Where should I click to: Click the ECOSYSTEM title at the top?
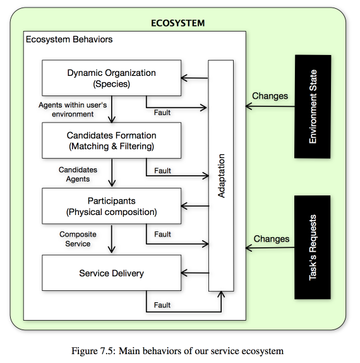pos(178,23)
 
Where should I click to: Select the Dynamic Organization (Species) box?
pos(111,78)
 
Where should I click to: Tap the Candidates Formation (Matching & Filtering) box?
pos(111,140)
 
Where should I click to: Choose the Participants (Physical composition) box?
pos(111,206)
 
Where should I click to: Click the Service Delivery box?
pos(111,273)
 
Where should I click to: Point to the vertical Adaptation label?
pos(221,176)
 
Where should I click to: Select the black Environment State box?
pos(313,107)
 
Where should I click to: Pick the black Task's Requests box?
pos(313,247)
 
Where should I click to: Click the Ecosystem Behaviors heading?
pos(69,39)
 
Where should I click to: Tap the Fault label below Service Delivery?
pos(162,305)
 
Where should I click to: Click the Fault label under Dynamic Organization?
pos(162,113)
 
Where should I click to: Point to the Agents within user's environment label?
pos(73,109)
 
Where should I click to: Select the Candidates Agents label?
pos(78,175)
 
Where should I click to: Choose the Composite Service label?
pos(78,239)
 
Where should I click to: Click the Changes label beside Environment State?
pos(270,96)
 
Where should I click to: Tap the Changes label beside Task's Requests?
pos(272,238)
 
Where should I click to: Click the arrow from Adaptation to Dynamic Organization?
pos(195,78)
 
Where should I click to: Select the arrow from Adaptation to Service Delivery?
pos(195,273)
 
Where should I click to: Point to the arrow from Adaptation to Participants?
pos(195,206)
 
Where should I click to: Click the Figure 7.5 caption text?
pos(177,351)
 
